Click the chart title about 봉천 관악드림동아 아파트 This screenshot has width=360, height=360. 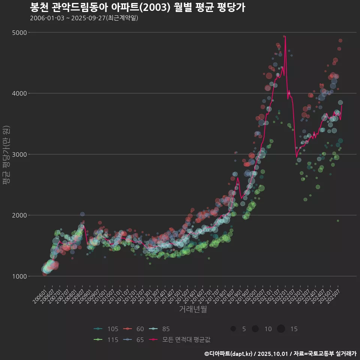137,7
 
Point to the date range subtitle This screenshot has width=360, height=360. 84,18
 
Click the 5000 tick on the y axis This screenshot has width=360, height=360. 20,33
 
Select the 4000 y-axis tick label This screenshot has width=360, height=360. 20,93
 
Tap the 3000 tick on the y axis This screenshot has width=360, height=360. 20,154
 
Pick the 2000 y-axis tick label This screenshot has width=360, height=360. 20,215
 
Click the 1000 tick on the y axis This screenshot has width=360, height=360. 20,276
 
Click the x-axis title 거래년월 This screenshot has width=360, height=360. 193,309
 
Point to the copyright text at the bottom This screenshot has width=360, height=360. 280,353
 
